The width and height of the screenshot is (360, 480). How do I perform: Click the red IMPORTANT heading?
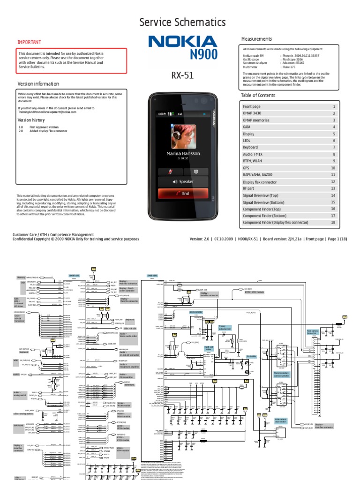[x=29, y=42]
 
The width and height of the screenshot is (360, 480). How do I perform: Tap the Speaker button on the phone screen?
[x=183, y=181]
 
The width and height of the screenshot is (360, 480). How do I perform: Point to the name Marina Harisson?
[x=183, y=153]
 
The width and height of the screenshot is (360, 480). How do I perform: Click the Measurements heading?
[x=256, y=38]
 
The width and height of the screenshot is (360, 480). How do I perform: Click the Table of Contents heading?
[x=258, y=95]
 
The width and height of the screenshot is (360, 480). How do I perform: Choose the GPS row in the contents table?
[x=247, y=168]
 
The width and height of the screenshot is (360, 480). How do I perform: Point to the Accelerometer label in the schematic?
[x=196, y=311]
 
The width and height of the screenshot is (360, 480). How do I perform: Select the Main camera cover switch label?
[x=280, y=421]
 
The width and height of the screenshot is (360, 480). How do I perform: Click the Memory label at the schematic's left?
[x=22, y=277]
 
